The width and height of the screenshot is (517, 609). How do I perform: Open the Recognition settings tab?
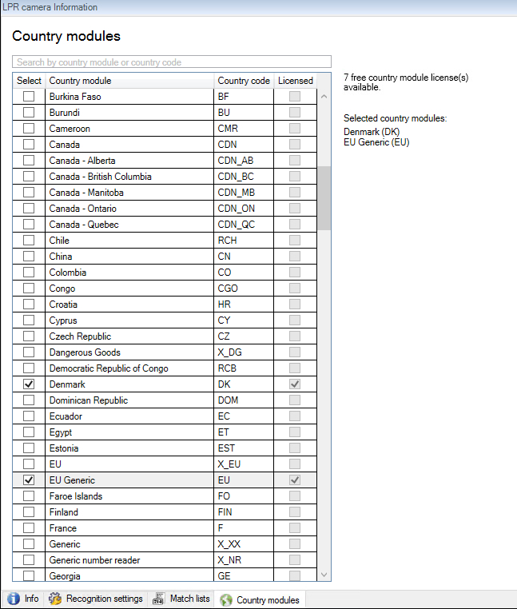pyautogui.click(x=97, y=599)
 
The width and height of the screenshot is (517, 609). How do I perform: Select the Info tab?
pyautogui.click(x=23, y=599)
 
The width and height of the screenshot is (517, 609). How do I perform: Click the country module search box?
pyautogui.click(x=172, y=62)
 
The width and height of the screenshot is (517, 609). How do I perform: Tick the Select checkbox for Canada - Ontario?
pyautogui.click(x=29, y=209)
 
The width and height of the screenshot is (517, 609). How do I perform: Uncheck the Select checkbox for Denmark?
pyautogui.click(x=29, y=384)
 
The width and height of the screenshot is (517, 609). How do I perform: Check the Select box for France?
pyautogui.click(x=29, y=528)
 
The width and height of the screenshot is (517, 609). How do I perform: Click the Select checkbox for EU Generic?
pyautogui.click(x=29, y=480)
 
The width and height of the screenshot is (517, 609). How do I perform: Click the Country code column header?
pyautogui.click(x=244, y=81)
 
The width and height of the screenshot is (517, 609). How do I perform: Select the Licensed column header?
pyautogui.click(x=295, y=81)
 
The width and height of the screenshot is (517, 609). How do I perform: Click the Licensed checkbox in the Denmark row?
pyautogui.click(x=296, y=384)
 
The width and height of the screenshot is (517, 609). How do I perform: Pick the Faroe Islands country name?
pyautogui.click(x=75, y=496)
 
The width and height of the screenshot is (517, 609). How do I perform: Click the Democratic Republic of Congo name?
pyautogui.click(x=109, y=368)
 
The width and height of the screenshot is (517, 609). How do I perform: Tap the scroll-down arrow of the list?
pyautogui.click(x=324, y=575)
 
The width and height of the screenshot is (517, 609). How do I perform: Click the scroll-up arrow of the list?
pyautogui.click(x=324, y=97)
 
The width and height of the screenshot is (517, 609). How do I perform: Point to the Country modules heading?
pyautogui.click(x=66, y=37)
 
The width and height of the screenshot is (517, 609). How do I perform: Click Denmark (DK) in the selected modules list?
pyautogui.click(x=372, y=132)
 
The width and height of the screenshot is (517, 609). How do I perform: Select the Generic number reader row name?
pyautogui.click(x=94, y=560)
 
